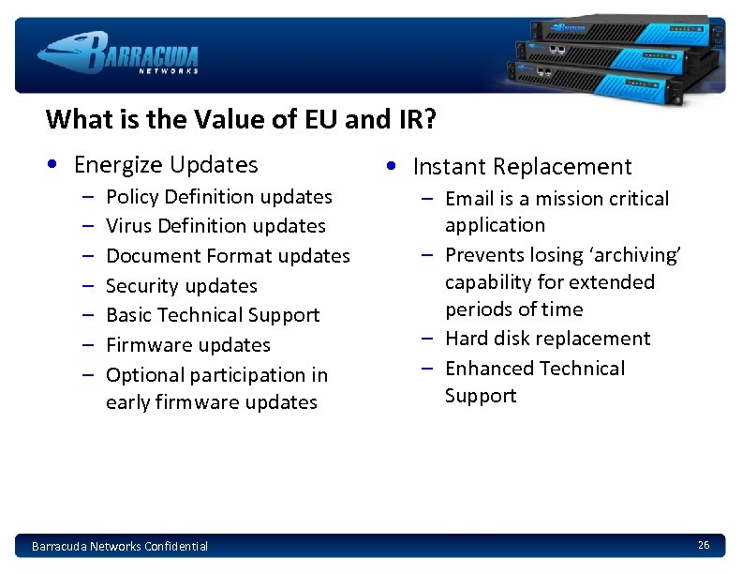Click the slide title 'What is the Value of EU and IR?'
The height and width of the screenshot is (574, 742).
pyautogui.click(x=241, y=120)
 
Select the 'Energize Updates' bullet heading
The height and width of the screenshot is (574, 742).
pyautogui.click(x=165, y=165)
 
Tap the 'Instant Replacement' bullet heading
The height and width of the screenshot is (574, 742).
pyautogui.click(x=522, y=167)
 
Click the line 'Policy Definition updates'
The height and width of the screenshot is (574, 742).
pyautogui.click(x=219, y=197)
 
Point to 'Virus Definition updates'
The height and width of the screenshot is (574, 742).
pyautogui.click(x=215, y=226)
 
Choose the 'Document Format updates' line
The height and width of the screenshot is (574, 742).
pyautogui.click(x=228, y=256)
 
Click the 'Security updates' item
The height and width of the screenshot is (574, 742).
pyautogui.click(x=181, y=286)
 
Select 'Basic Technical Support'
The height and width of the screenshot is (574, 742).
pyautogui.click(x=213, y=315)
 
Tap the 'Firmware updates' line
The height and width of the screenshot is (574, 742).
pyautogui.click(x=187, y=345)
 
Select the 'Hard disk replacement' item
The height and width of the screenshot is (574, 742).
pyautogui.click(x=547, y=339)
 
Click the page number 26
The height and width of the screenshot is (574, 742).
pyautogui.click(x=704, y=545)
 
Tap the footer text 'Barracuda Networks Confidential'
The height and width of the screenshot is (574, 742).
pyautogui.click(x=120, y=546)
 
